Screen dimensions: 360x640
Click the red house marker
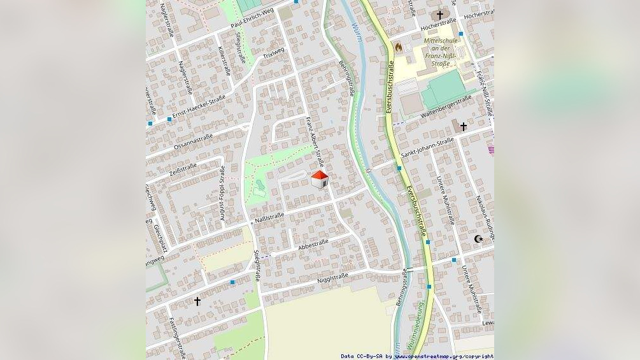click(x=319, y=179)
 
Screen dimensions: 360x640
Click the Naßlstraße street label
click(x=269, y=218)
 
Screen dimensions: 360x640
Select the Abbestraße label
click(x=313, y=243)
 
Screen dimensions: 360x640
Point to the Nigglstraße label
click(x=332, y=277)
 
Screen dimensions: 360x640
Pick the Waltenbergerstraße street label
click(x=446, y=106)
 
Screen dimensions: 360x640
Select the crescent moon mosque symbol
click(x=478, y=239)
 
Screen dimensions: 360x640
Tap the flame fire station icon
click(x=399, y=47)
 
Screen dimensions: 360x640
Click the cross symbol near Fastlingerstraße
click(x=197, y=301)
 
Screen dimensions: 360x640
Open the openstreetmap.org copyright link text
click(x=443, y=356)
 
